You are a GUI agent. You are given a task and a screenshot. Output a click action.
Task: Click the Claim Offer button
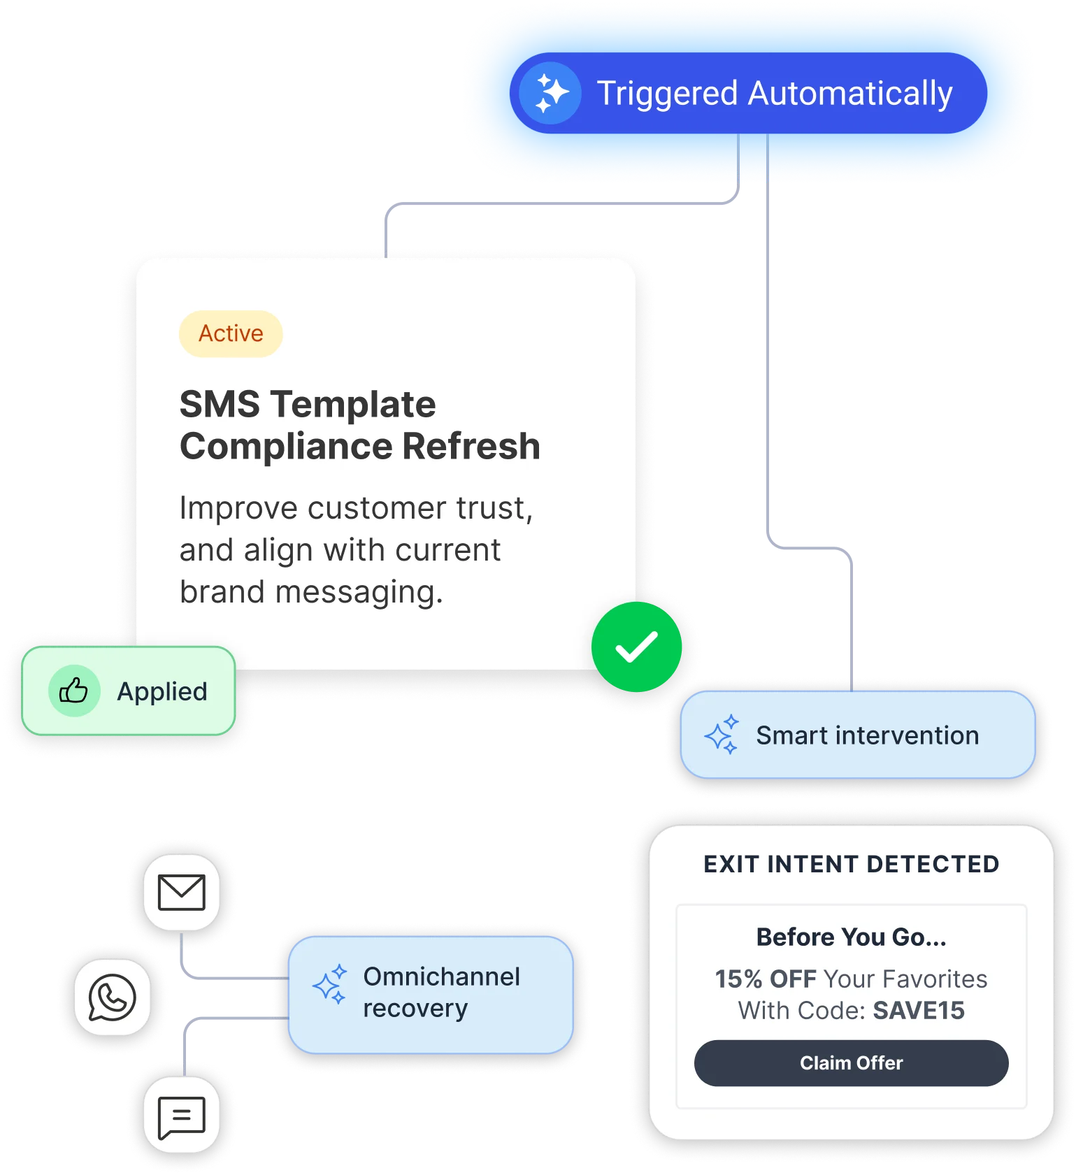(851, 1062)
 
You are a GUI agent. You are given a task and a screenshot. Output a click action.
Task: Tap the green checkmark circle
(636, 647)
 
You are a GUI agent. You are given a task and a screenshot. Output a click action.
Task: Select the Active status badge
(231, 333)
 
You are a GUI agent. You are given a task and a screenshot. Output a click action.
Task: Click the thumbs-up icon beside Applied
(73, 691)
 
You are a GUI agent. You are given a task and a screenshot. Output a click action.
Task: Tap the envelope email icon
(182, 892)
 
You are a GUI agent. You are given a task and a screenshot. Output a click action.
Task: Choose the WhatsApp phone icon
(112, 997)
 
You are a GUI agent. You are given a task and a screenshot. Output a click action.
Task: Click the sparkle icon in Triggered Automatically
(551, 93)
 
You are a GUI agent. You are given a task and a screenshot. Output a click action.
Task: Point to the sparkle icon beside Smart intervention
(722, 735)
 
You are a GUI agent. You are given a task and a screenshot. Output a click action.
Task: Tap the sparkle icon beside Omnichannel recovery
(330, 985)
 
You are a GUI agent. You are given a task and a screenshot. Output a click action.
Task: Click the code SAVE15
(919, 1010)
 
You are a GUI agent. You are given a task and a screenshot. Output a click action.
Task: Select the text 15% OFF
(765, 979)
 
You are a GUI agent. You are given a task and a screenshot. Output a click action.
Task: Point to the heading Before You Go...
(851, 937)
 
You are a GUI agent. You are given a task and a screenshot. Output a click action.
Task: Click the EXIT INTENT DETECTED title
(851, 864)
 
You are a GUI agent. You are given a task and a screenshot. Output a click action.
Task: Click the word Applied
(162, 692)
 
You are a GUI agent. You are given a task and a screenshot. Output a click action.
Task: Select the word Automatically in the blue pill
(850, 94)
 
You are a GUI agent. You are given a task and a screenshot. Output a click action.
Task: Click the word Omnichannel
(442, 976)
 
